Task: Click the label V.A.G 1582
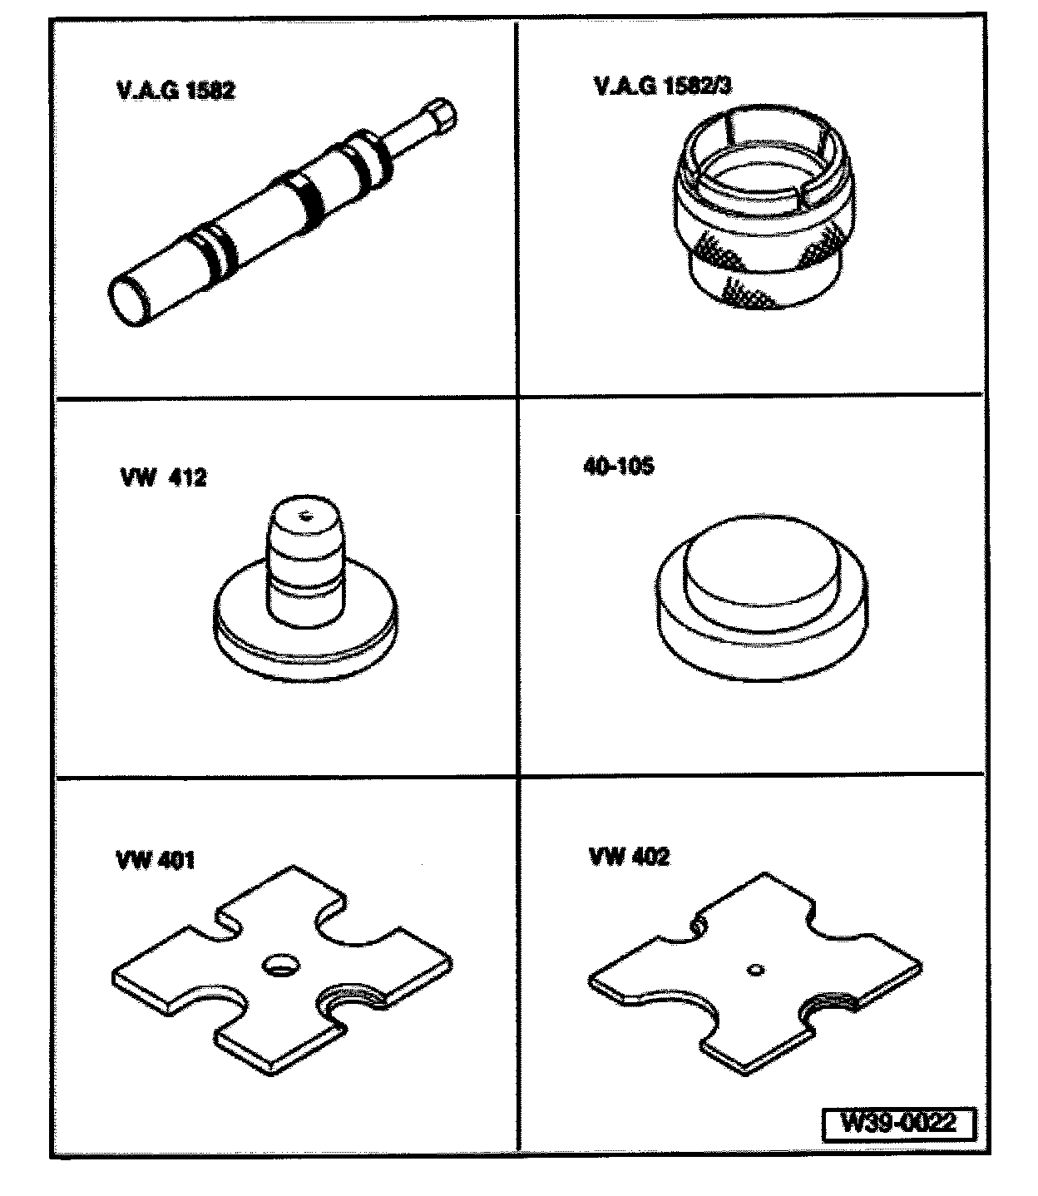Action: pos(176,91)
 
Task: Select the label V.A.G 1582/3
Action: pos(663,86)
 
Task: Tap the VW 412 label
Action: pos(164,477)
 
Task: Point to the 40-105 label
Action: pos(619,466)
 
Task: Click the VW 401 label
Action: pos(156,861)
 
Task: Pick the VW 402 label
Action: pos(629,857)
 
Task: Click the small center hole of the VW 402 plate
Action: pos(756,971)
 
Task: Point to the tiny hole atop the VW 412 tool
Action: pos(304,516)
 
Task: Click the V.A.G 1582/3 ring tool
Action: pos(764,207)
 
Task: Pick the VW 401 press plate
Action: pos(282,971)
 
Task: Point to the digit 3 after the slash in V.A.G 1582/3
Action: pos(724,86)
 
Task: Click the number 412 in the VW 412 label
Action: pos(188,477)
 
